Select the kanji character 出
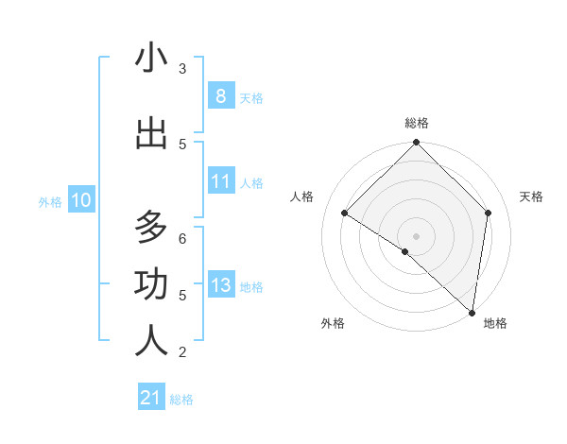[x=151, y=133]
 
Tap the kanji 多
[x=151, y=228]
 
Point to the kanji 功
[x=151, y=284]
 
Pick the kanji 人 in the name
[x=151, y=341]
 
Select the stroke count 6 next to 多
[x=182, y=238]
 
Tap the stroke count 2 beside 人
[x=182, y=352]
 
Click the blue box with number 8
[x=220, y=95]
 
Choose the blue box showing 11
[x=220, y=181]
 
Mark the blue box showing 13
[x=220, y=284]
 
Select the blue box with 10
[x=81, y=200]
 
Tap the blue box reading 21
[x=151, y=398]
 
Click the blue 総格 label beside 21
[x=181, y=400]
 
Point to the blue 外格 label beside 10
[x=50, y=201]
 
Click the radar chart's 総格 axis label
[x=417, y=123]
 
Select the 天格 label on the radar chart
[x=531, y=196]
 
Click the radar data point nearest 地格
[x=472, y=312]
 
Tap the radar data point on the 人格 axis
[x=345, y=213]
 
